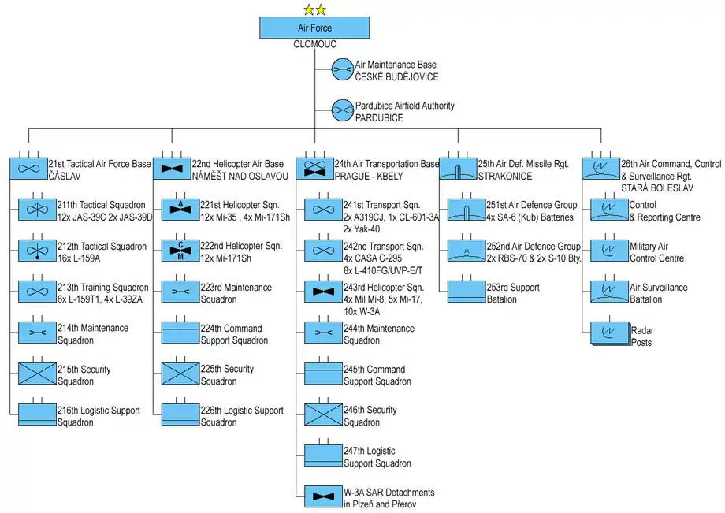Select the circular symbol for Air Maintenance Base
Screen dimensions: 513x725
pos(343,70)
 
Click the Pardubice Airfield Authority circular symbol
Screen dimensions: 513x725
pos(343,111)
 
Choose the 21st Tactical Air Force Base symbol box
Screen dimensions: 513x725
pos(28,169)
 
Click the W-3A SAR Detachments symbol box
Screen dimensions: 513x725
pos(324,496)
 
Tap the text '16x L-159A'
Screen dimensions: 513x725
pos(80,258)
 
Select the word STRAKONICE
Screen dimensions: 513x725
pos(504,177)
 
